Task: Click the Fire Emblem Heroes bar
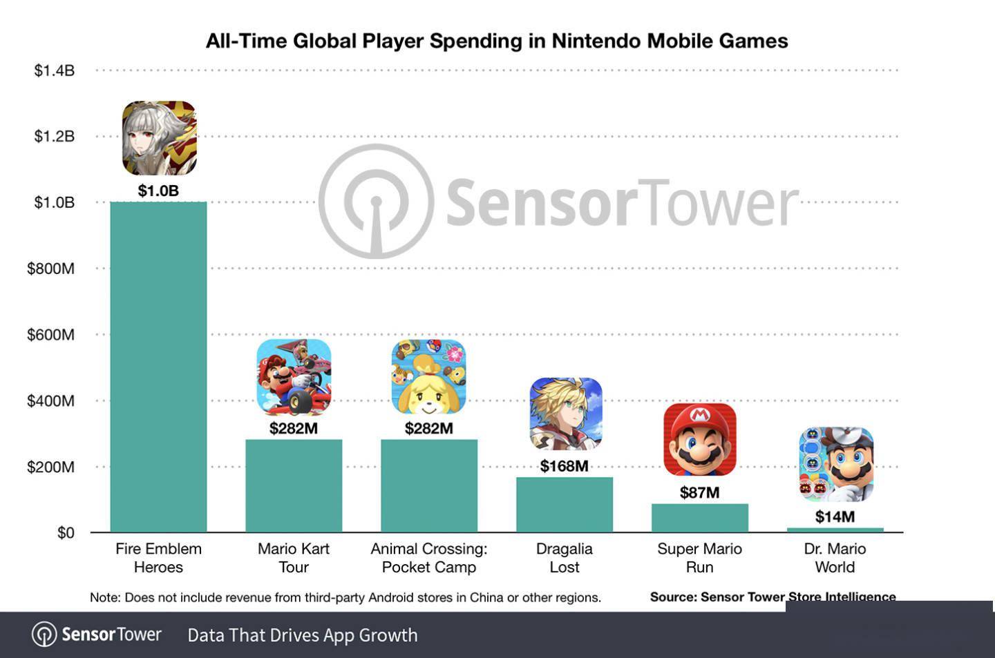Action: coord(158,367)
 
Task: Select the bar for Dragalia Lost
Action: coord(564,504)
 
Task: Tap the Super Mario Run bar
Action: coord(699,518)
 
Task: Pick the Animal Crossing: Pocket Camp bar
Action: coord(428,485)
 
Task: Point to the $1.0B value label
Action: coord(158,191)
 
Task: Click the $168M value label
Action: coord(564,466)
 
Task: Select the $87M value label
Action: coord(699,492)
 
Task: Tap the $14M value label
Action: coord(835,516)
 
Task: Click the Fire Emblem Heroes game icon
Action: coord(159,138)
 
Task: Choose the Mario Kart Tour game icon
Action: coord(294,377)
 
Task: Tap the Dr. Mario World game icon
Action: coord(836,464)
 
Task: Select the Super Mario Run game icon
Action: coord(699,440)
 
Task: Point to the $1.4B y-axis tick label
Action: coord(54,70)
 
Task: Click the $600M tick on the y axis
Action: coord(50,335)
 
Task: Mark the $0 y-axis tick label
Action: coord(66,533)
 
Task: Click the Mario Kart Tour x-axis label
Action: coord(294,558)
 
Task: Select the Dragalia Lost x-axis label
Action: coord(564,558)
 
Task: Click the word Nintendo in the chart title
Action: coord(596,41)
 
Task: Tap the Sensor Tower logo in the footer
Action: coord(97,635)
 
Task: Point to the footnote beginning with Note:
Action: coord(345,597)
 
